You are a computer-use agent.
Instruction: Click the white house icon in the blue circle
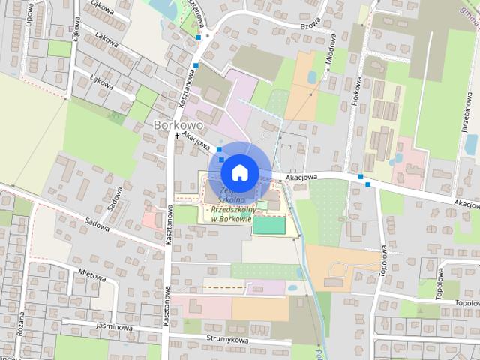point(238,172)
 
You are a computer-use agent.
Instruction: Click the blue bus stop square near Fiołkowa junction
point(361,177)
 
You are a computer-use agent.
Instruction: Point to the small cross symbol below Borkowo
point(178,136)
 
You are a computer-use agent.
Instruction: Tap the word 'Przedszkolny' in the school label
point(234,210)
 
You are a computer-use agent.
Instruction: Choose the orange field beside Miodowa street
point(303,85)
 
